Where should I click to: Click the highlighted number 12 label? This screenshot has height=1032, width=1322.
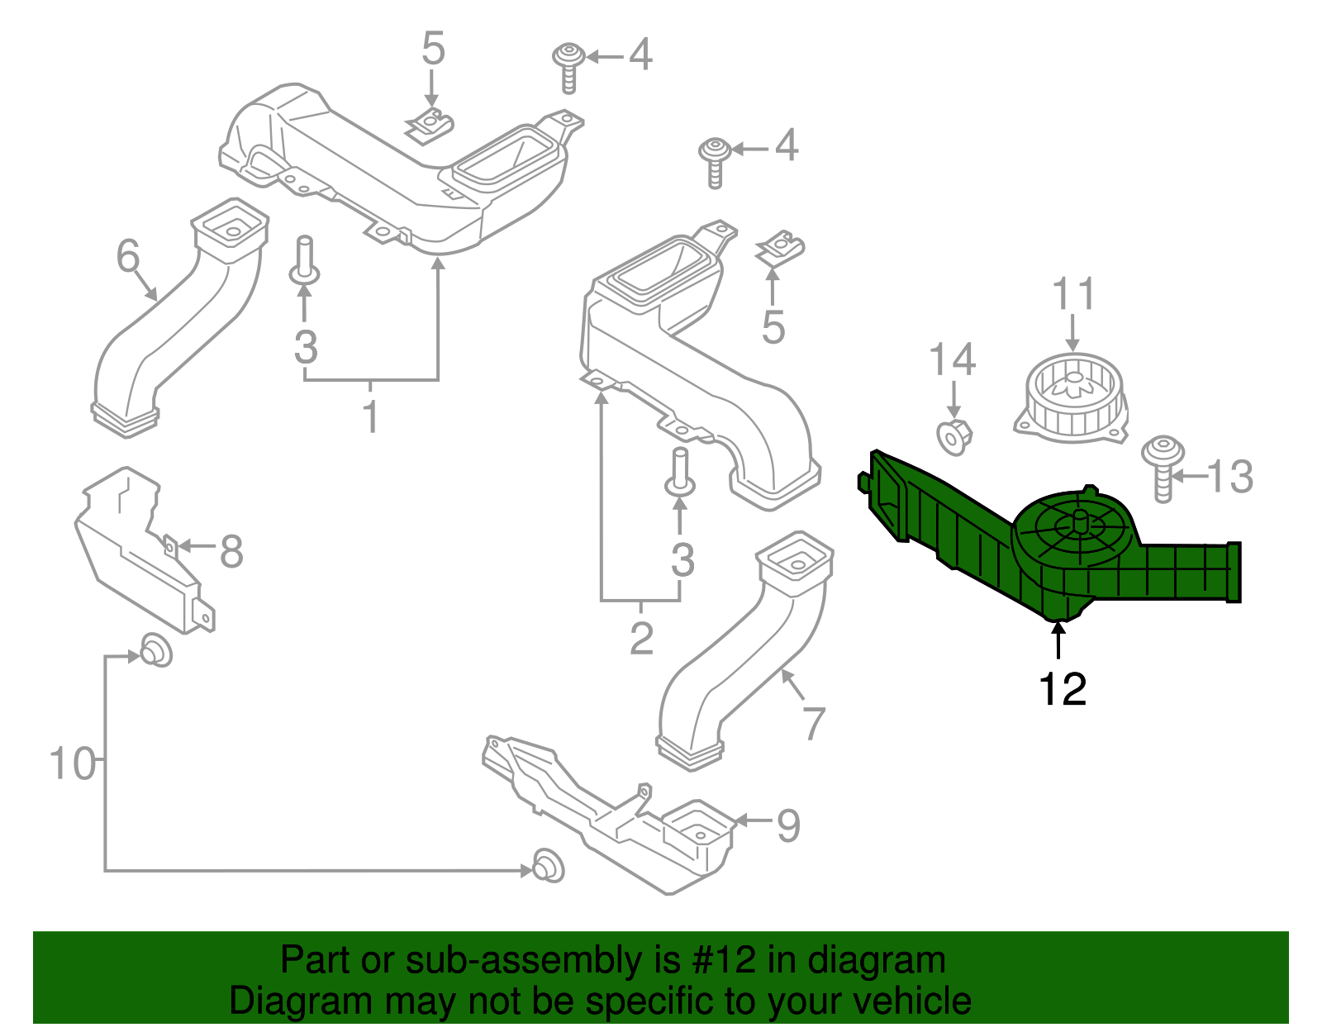[1063, 688]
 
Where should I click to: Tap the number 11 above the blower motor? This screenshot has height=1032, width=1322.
[1074, 295]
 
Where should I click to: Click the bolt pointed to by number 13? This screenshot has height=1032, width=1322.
[1163, 467]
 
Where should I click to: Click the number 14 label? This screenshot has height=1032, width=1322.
[953, 360]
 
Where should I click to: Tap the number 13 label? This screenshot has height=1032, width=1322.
[1230, 477]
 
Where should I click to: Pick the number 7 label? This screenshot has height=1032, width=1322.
[814, 724]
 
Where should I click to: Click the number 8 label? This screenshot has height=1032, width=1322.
[231, 551]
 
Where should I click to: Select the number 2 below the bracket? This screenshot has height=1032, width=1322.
[642, 637]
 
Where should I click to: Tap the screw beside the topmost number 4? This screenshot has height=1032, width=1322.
[568, 66]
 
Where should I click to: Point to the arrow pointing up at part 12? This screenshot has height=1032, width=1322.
[1058, 641]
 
